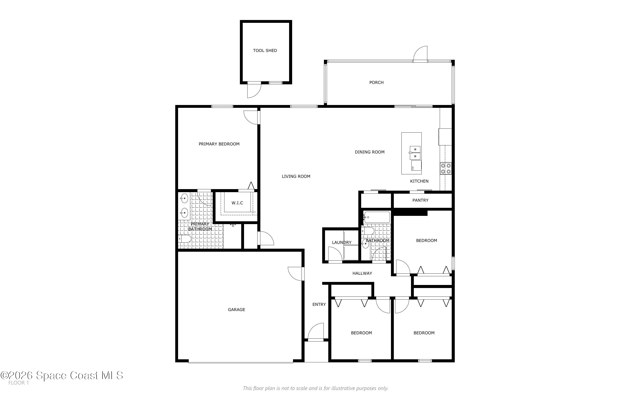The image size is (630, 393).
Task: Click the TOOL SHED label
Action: tap(265, 50)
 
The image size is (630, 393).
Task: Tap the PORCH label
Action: tap(376, 82)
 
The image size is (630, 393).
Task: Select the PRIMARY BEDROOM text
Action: tap(219, 144)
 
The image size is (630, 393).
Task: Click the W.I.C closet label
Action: tap(237, 203)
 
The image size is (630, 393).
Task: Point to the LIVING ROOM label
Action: tap(296, 176)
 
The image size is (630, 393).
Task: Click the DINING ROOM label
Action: tap(369, 152)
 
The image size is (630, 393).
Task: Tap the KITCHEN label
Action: tap(419, 181)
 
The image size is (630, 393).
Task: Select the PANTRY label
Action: tap(420, 200)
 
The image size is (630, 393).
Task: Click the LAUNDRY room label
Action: tap(342, 242)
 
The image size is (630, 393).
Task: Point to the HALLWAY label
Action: tap(362, 273)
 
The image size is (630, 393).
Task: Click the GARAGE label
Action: tap(236, 310)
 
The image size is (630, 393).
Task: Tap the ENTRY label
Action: tap(319, 304)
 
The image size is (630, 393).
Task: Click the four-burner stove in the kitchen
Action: tap(446, 168)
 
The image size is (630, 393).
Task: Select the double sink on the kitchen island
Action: tap(415, 153)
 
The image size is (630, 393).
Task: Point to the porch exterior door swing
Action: tap(420, 54)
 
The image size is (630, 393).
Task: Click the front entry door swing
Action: tap(316, 331)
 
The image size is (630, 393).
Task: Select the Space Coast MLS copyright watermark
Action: tap(62, 375)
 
